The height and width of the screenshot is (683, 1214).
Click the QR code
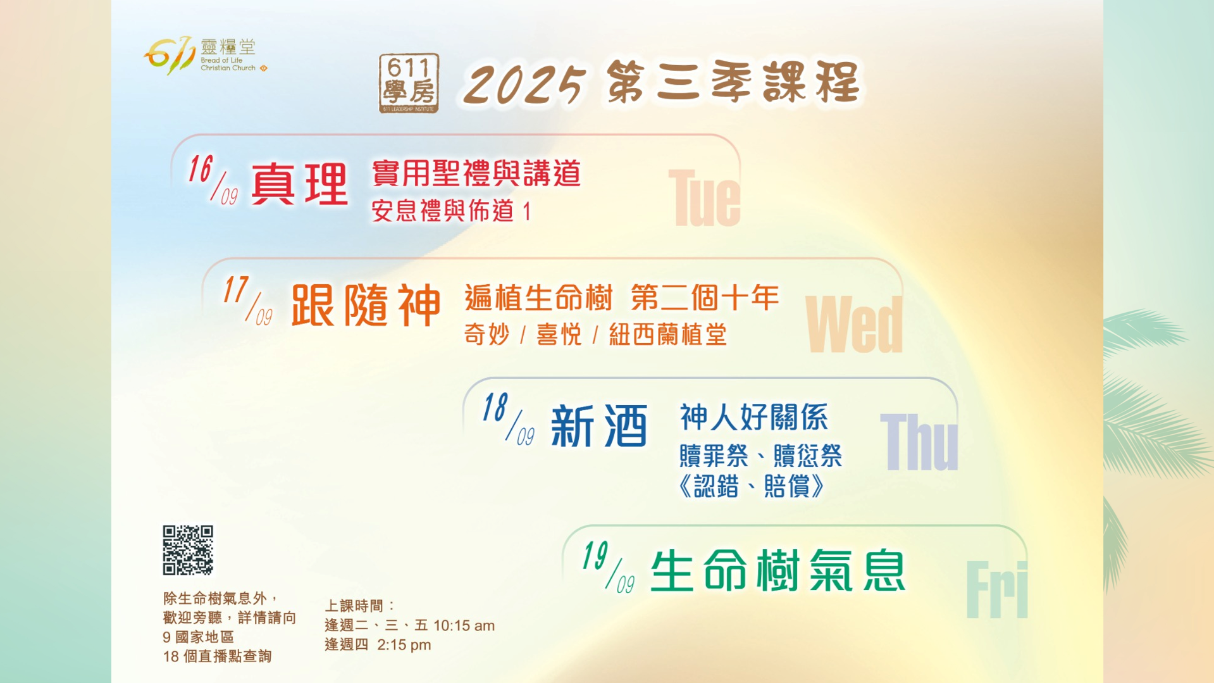pos(188,550)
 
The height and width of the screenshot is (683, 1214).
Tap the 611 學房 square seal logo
pos(409,84)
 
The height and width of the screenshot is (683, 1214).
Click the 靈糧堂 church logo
pos(206,55)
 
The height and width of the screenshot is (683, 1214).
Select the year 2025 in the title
pos(524,84)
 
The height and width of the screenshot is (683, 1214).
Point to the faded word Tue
pos(704,197)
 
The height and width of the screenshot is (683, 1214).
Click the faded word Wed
pos(854,324)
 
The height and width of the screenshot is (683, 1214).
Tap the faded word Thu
pos(919,442)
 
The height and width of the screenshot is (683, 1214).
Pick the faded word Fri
pos(997,589)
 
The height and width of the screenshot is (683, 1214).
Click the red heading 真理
pos(300,184)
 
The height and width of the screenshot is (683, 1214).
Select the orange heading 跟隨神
pos(366,304)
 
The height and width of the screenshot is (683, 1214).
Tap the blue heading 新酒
pos(599,426)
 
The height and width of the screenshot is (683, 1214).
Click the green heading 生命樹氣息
pos(778,570)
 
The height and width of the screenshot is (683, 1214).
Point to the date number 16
pos(201,169)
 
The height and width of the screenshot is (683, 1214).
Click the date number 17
pos(235,291)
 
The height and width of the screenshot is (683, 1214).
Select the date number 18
pos(495,407)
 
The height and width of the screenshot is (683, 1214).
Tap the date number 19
pos(595,556)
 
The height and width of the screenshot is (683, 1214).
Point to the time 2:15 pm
pos(404,645)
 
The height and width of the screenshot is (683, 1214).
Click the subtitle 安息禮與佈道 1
pos(451,211)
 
